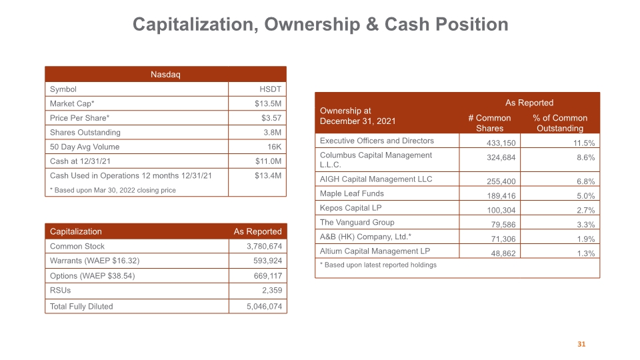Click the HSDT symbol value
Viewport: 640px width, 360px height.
tap(270, 89)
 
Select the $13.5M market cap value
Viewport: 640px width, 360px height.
tap(268, 104)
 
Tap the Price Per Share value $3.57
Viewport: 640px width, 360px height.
tap(271, 118)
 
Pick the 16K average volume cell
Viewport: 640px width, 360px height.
tap(274, 147)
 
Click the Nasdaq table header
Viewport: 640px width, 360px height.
tap(165, 74)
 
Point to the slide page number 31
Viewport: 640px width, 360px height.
tap(581, 344)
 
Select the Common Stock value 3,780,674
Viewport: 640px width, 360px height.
tap(264, 246)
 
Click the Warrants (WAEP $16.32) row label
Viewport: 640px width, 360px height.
tap(95, 261)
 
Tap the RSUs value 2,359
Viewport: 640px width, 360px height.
tap(272, 290)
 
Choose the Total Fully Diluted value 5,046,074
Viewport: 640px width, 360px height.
tap(264, 307)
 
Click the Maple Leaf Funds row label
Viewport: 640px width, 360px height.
tap(352, 193)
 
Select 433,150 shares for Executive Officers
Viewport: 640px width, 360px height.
tap(501, 143)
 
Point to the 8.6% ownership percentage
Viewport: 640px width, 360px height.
tap(586, 157)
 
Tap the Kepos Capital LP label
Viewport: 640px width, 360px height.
tap(351, 208)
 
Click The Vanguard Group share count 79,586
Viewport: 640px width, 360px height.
tap(503, 225)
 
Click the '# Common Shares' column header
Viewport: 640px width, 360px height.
tap(489, 123)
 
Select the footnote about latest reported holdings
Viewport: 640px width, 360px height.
tap(378, 265)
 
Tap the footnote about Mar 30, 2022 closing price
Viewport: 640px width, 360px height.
tap(113, 190)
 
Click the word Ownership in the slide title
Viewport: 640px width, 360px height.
tap(312, 25)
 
